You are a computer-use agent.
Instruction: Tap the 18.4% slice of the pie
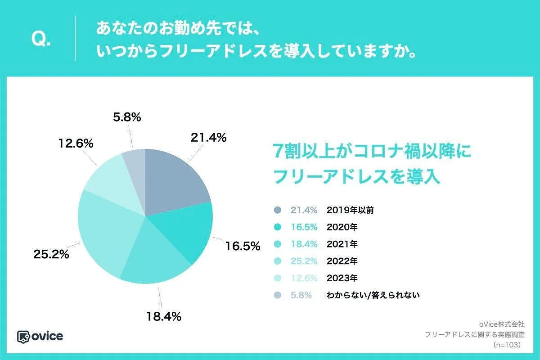click(x=153, y=261)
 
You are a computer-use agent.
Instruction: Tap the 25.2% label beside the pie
click(x=51, y=254)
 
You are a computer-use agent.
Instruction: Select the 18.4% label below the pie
click(x=163, y=316)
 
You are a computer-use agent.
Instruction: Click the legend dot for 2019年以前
click(x=277, y=210)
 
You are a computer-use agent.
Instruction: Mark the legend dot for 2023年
click(x=277, y=278)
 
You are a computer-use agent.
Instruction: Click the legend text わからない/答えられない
click(x=373, y=295)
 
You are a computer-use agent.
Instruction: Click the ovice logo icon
click(x=23, y=336)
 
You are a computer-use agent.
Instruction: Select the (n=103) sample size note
click(x=507, y=345)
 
